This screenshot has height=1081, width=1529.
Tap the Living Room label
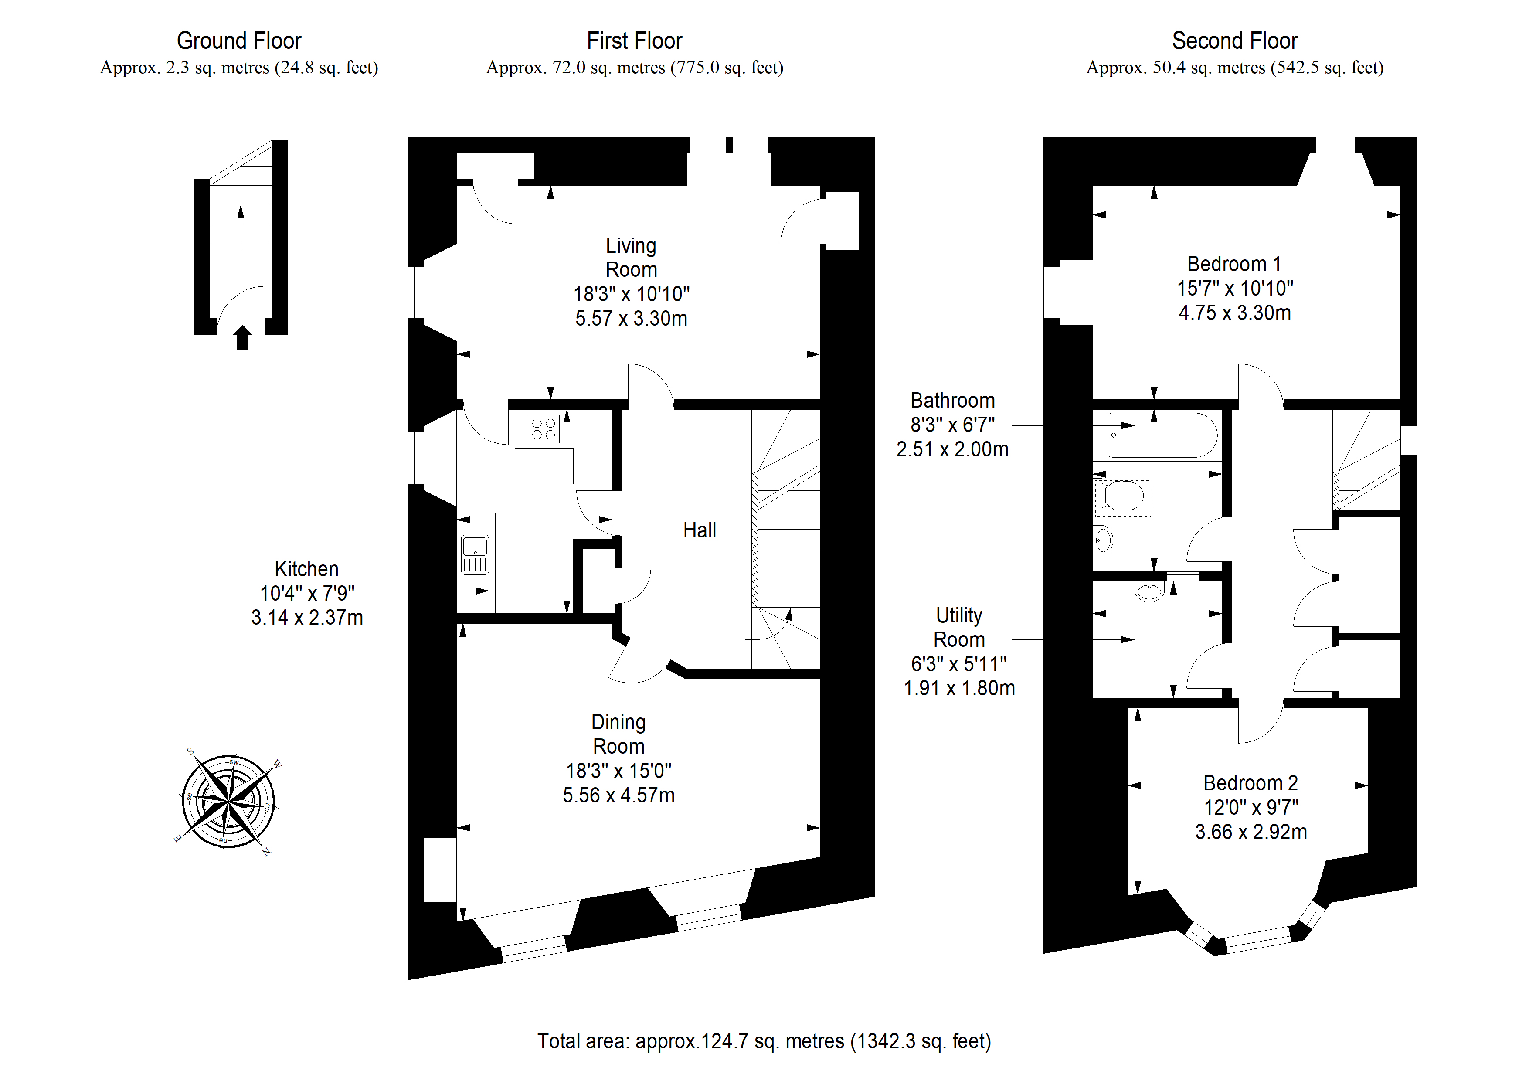click(631, 258)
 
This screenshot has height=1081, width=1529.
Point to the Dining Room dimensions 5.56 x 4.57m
click(618, 795)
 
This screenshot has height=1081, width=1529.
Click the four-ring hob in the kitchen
click(544, 429)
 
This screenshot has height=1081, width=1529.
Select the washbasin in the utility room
click(1149, 591)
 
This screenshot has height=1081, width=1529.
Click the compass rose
click(228, 801)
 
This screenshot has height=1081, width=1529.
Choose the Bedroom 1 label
click(1234, 265)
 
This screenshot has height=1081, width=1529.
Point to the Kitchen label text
click(306, 569)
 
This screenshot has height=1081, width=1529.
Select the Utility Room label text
click(959, 627)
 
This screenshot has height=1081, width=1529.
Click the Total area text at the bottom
click(764, 1041)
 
